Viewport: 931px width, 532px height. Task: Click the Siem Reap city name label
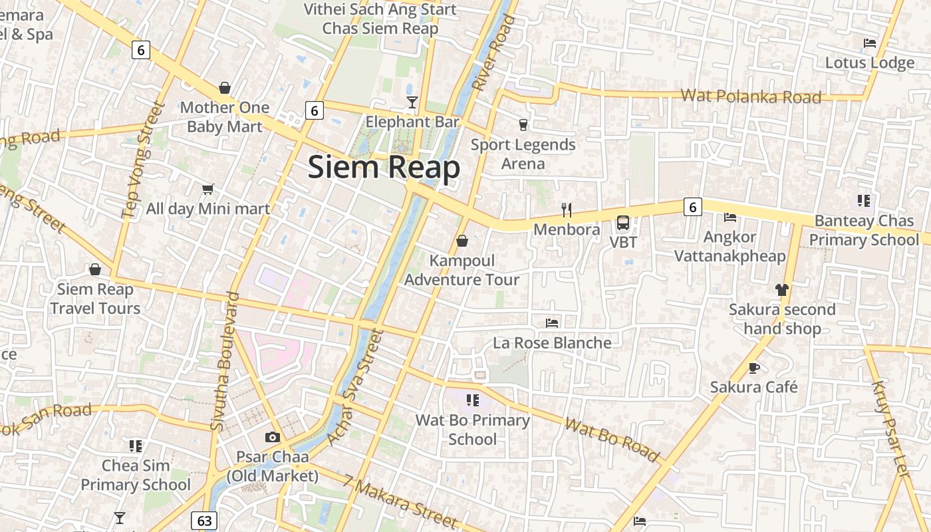click(x=384, y=167)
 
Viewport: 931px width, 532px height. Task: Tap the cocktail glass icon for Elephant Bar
click(x=412, y=102)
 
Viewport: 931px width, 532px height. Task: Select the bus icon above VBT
click(x=623, y=223)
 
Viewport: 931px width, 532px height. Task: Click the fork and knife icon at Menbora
click(x=567, y=210)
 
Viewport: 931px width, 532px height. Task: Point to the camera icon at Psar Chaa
click(x=272, y=437)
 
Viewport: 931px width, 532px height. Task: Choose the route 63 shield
click(x=204, y=520)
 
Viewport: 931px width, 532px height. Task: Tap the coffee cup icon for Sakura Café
click(x=753, y=367)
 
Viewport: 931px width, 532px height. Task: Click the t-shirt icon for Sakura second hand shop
click(x=781, y=289)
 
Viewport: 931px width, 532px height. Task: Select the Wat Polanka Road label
click(x=751, y=96)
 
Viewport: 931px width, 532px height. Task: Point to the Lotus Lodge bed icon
click(x=869, y=43)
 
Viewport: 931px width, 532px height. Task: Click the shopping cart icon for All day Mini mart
click(x=207, y=189)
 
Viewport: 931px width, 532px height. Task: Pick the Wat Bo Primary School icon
click(x=473, y=400)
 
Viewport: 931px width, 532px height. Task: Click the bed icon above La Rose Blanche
click(x=551, y=323)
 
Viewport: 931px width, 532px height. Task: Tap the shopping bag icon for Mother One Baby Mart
click(x=225, y=88)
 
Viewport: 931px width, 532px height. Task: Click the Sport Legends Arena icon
click(x=523, y=124)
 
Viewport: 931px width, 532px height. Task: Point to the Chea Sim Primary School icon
click(x=136, y=446)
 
